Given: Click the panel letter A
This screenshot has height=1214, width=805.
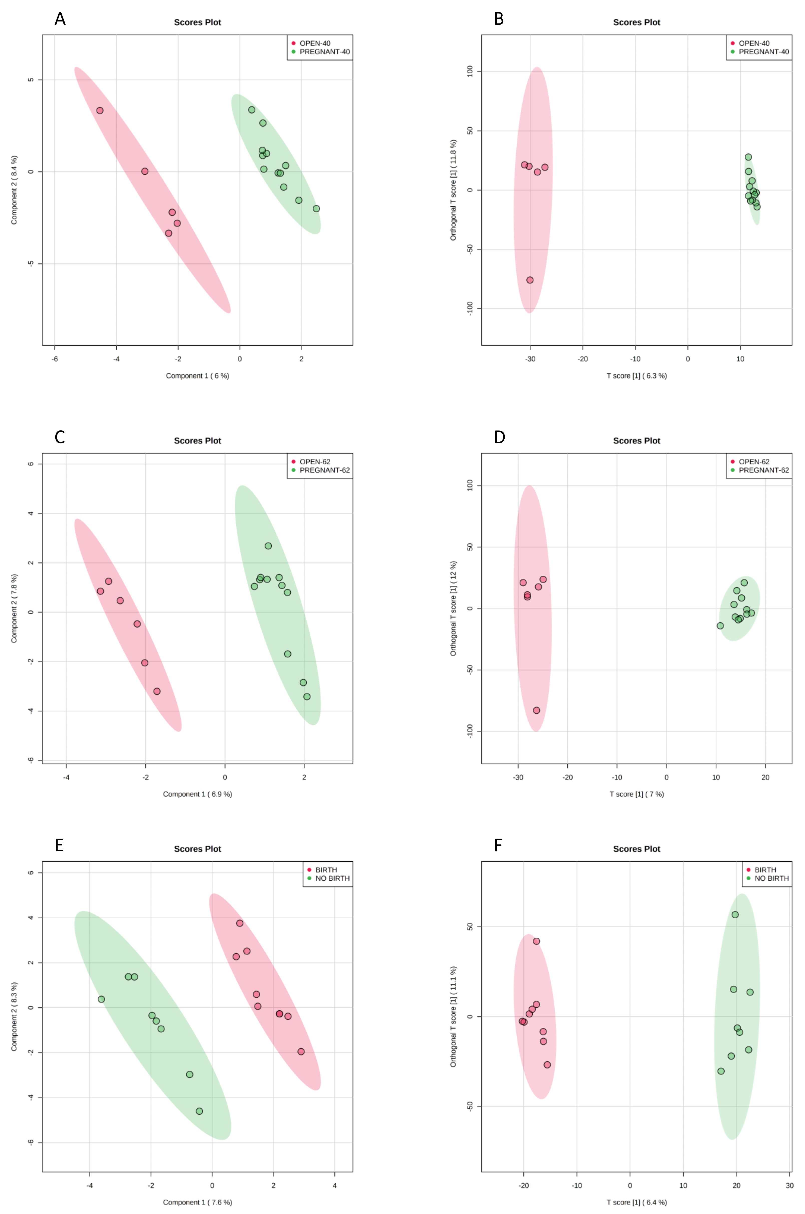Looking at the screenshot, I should click(x=60, y=19).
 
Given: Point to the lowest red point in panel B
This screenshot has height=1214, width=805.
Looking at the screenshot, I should click(x=530, y=280).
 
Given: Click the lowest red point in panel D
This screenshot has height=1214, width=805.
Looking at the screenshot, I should click(x=536, y=710).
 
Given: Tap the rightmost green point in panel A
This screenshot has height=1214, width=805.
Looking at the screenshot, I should click(x=316, y=209).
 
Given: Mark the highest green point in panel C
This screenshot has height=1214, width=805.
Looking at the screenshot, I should click(x=268, y=546).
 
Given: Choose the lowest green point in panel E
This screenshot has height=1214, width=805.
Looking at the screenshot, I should click(x=199, y=1111).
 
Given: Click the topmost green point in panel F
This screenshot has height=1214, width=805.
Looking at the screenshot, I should click(x=735, y=914).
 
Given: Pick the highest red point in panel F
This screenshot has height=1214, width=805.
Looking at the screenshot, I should click(x=536, y=941).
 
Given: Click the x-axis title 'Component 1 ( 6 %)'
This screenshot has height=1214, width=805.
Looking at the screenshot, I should click(x=197, y=376).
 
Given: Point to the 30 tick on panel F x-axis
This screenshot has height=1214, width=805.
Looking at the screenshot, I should click(x=789, y=1185).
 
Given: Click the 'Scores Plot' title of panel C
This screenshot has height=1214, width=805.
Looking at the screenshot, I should click(x=197, y=441).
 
